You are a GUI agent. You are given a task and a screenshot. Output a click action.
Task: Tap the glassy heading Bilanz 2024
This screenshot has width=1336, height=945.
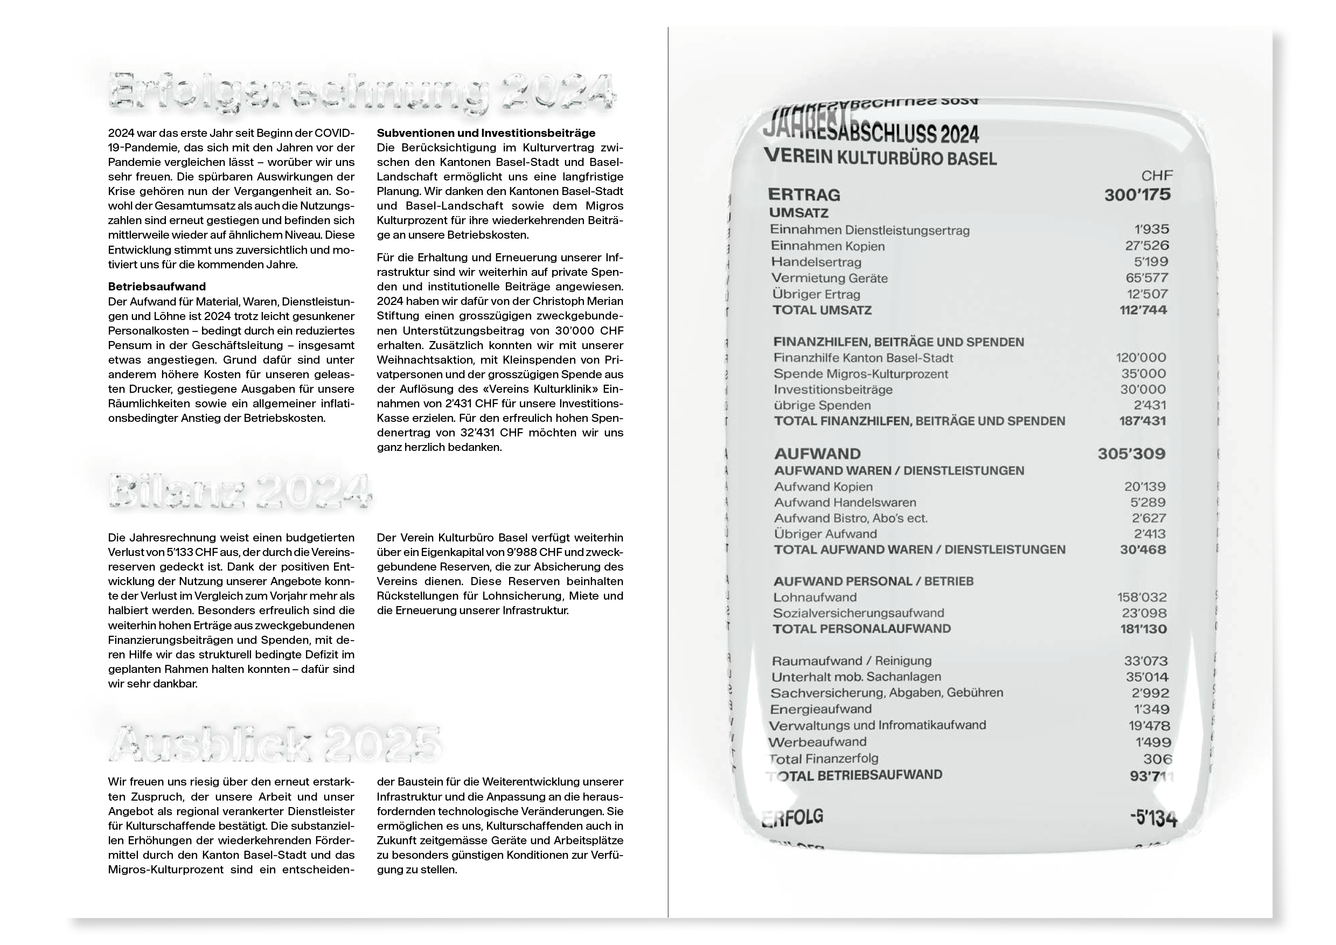click(x=240, y=492)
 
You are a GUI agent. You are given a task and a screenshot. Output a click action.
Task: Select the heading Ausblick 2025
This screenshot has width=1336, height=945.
click(x=275, y=742)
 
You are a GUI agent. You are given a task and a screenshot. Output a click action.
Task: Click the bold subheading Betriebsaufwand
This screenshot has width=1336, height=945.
click(x=157, y=286)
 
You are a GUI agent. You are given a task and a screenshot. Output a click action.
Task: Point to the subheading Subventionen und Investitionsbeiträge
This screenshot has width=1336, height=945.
click(x=486, y=133)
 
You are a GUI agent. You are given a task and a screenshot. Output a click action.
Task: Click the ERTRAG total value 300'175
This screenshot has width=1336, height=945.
click(x=1137, y=194)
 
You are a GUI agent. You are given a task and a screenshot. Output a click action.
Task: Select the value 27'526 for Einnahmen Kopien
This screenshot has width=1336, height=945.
click(x=1146, y=246)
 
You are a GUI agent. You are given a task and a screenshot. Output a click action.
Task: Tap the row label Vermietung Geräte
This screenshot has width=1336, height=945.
click(x=829, y=278)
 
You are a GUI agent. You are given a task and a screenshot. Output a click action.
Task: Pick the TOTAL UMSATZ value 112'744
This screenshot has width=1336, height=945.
click(x=1143, y=310)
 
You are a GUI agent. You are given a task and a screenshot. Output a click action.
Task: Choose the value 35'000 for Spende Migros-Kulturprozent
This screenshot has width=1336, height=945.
click(x=1143, y=373)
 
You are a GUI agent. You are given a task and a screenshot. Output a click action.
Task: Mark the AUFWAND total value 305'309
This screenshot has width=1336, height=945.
click(x=1131, y=454)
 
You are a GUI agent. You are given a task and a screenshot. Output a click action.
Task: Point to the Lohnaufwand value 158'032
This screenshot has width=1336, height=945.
click(x=1142, y=597)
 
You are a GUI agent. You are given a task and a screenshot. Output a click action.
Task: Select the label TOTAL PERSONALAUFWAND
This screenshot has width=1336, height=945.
click(x=861, y=628)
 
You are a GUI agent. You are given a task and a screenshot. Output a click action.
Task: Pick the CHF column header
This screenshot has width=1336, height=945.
click(x=1156, y=176)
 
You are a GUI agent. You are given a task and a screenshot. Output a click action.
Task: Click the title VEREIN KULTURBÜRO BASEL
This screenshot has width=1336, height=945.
click(x=880, y=157)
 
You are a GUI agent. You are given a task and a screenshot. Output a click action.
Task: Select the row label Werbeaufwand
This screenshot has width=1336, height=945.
click(x=817, y=742)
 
